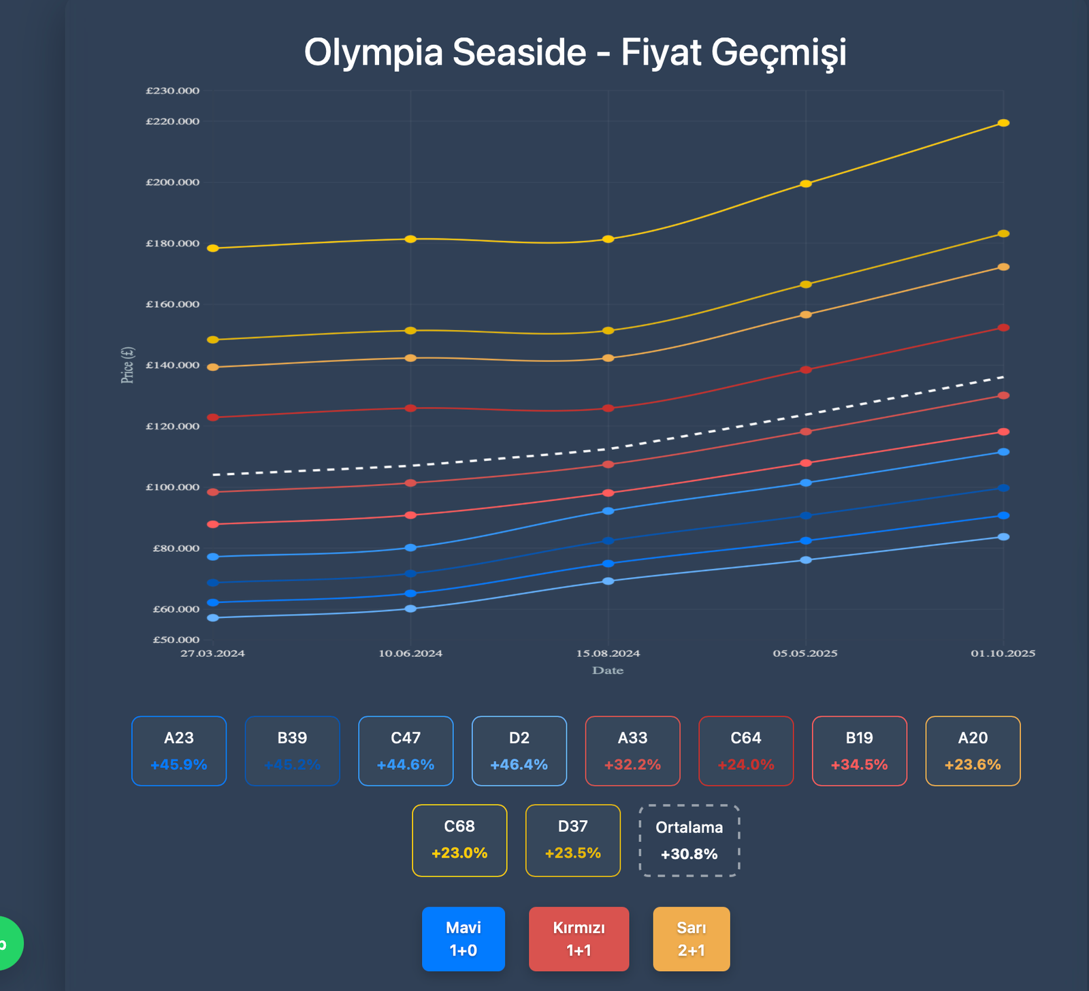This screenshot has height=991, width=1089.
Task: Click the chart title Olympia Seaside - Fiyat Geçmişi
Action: point(575,52)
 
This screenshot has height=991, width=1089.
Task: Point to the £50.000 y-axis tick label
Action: point(176,640)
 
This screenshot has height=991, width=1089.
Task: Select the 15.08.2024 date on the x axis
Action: point(608,653)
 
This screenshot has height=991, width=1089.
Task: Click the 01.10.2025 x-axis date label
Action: point(1003,653)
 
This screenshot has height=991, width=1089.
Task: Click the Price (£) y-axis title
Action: point(127,365)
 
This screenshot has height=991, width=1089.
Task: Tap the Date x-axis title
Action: point(608,670)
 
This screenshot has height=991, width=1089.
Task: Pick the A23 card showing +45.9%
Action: point(179,751)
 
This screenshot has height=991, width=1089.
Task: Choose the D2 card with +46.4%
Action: point(519,751)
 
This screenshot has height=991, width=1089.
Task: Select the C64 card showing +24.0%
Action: point(746,751)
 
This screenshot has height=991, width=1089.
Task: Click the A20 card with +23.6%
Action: point(973,751)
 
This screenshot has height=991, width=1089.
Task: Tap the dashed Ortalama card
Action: point(689,841)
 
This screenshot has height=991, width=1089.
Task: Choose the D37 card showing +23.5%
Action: point(572,841)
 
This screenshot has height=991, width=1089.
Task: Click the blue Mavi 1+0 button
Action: point(463,939)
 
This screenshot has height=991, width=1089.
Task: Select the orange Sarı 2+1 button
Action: point(691,939)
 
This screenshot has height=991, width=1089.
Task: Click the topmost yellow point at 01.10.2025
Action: point(1003,123)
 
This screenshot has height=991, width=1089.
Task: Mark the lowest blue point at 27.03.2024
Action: point(213,618)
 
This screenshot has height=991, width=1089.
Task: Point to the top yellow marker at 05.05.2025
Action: point(806,184)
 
